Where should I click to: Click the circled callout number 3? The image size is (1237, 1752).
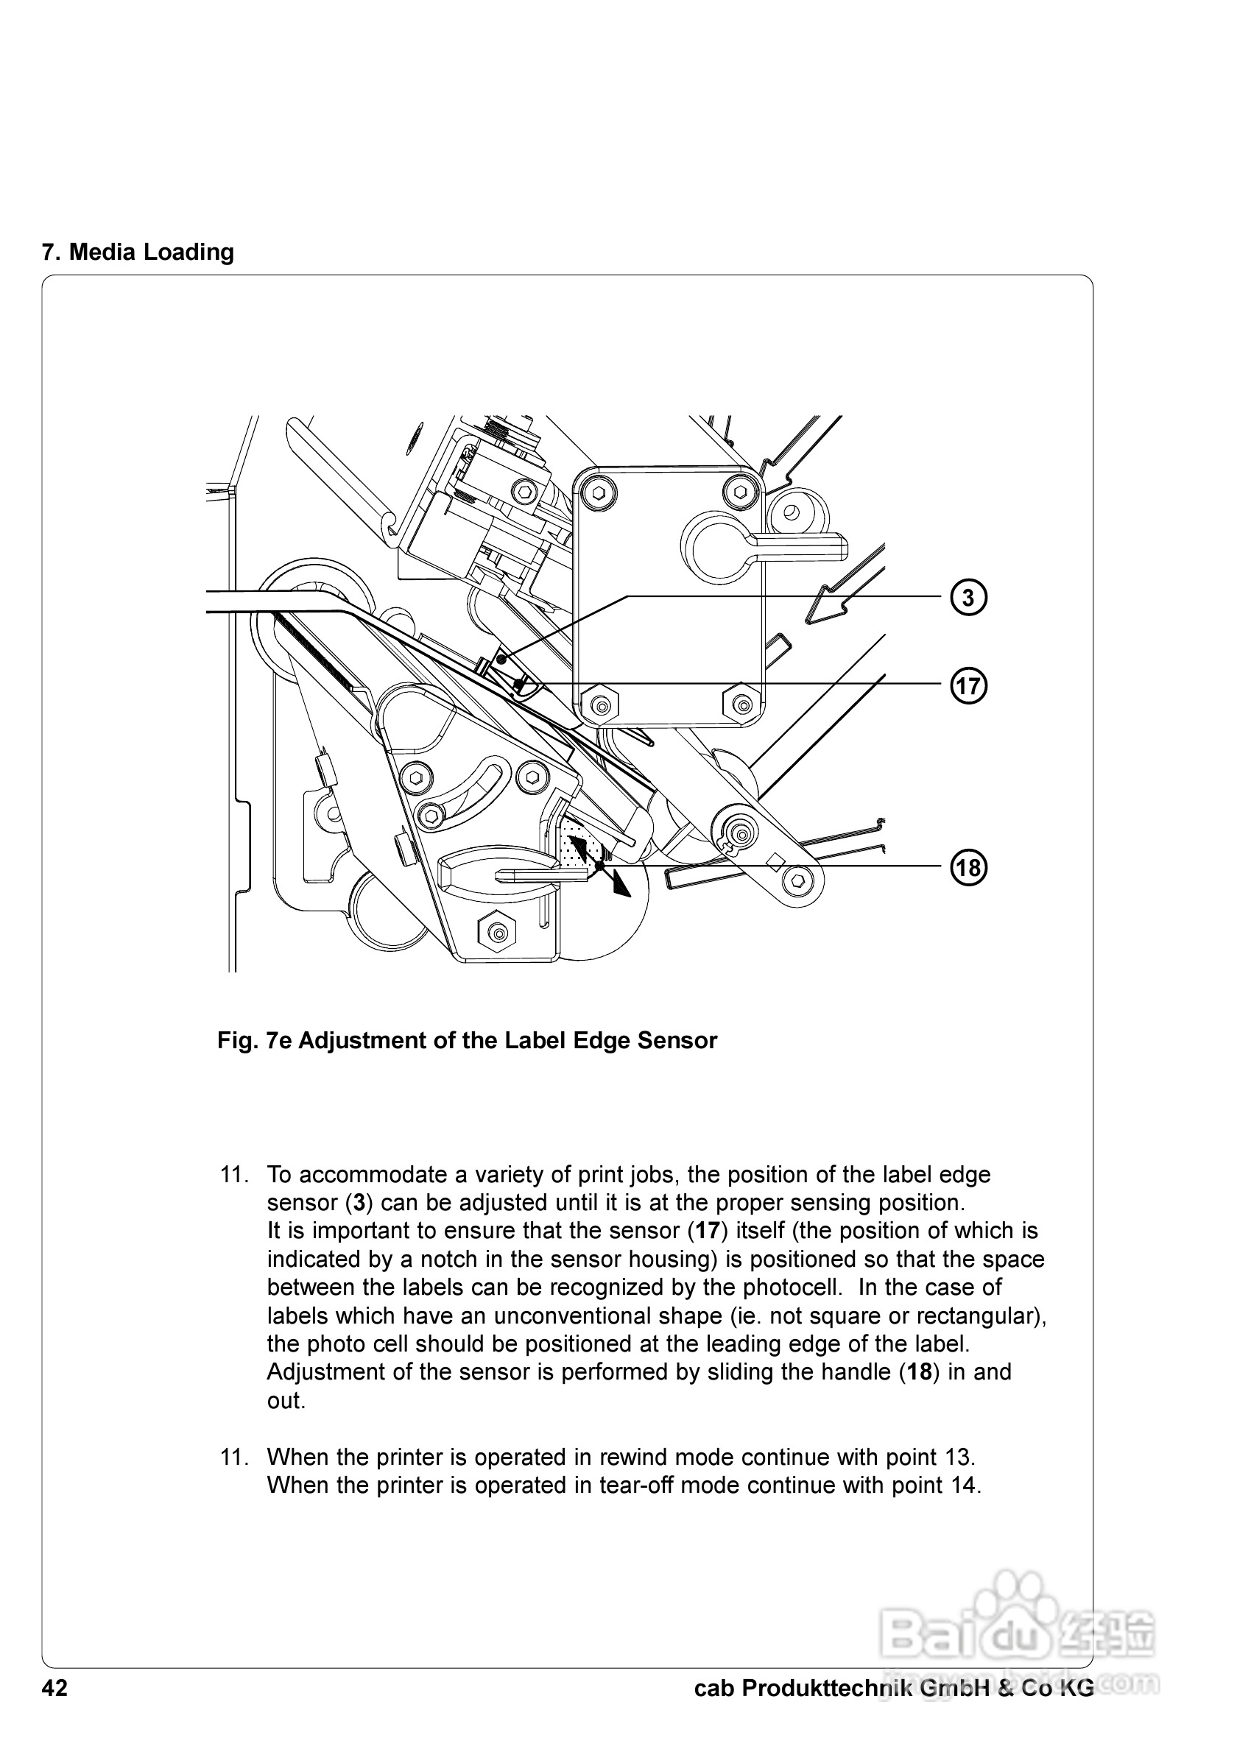[968, 598]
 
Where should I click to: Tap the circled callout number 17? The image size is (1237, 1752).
[968, 685]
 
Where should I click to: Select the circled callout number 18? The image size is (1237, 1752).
[968, 868]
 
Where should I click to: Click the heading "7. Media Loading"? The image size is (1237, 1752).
[138, 252]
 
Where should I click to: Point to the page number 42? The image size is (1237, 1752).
[55, 1689]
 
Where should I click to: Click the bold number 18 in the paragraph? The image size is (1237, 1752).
[920, 1372]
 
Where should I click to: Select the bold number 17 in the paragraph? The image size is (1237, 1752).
[708, 1231]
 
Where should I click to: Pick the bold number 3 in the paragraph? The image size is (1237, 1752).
[358, 1203]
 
